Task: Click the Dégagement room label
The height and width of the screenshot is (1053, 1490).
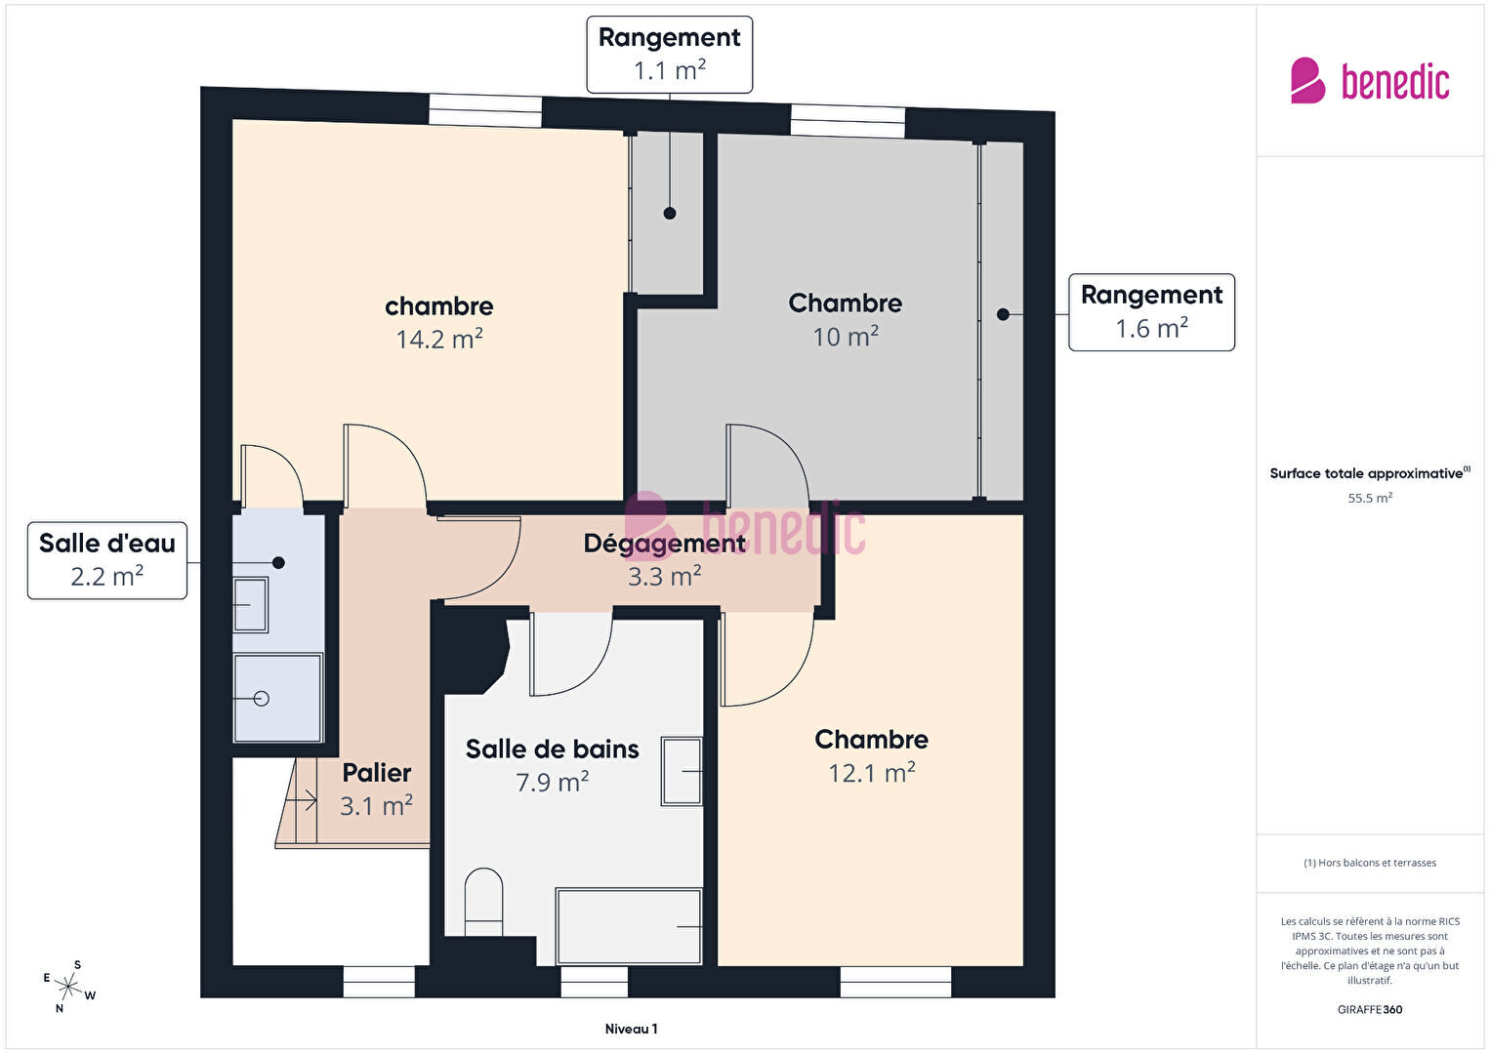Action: click(x=664, y=544)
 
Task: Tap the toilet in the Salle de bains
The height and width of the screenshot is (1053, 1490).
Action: click(x=483, y=902)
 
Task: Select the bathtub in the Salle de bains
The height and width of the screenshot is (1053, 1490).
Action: click(x=629, y=926)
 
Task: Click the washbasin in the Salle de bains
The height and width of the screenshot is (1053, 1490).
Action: click(x=682, y=771)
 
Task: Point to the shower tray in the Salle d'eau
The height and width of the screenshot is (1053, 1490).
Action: click(x=278, y=698)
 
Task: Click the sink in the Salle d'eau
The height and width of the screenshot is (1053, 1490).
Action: click(x=251, y=605)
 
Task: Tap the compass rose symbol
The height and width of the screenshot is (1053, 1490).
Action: click(x=67, y=987)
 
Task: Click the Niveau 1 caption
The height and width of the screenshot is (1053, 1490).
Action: click(x=632, y=1029)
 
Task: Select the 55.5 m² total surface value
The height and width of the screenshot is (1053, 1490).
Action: click(x=1370, y=498)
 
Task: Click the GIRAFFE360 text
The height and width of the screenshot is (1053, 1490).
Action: click(x=1370, y=1009)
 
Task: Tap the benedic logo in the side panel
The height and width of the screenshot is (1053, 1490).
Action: click(x=1370, y=80)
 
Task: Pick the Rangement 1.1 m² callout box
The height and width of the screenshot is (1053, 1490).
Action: click(x=669, y=55)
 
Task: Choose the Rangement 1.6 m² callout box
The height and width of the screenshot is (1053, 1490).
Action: click(x=1151, y=311)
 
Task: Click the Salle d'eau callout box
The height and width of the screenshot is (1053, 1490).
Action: click(x=107, y=560)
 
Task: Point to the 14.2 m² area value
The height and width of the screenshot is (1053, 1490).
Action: click(x=439, y=339)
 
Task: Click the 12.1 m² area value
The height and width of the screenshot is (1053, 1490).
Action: click(x=871, y=773)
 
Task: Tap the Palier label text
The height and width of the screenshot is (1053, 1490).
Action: click(x=377, y=773)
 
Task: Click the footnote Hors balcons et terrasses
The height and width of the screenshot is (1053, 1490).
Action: click(x=1370, y=863)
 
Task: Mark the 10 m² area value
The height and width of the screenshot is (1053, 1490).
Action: click(x=846, y=337)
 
